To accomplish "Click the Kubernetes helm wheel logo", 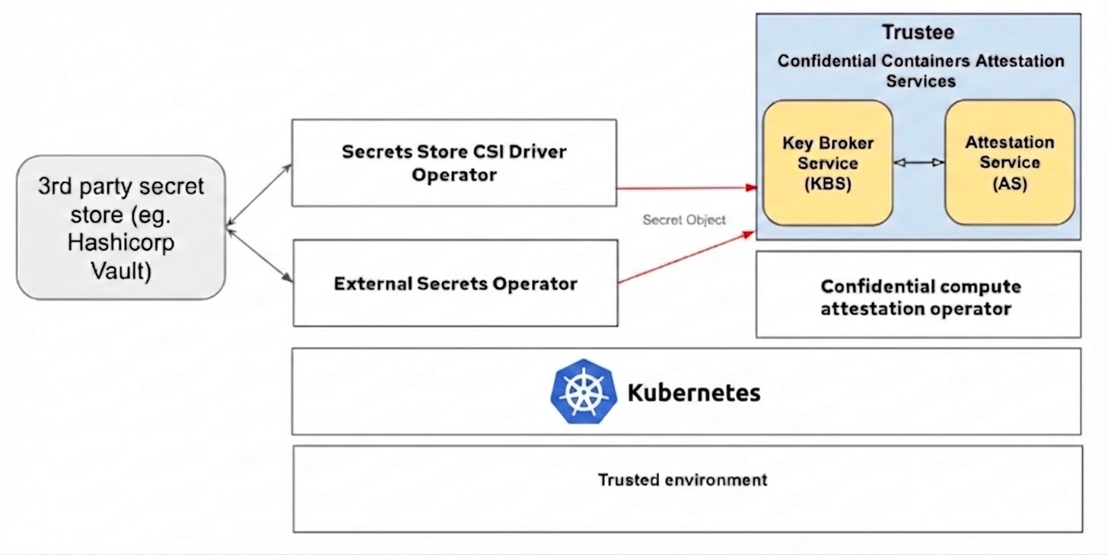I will click(x=582, y=391).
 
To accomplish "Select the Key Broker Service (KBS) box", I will click(x=828, y=162).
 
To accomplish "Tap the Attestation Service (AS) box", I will click(x=1009, y=162).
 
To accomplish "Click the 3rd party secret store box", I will click(x=121, y=228).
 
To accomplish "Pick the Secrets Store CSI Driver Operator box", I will click(x=454, y=162).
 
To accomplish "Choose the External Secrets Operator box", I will click(x=454, y=283).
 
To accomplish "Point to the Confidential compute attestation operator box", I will click(x=918, y=296).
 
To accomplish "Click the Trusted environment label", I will click(x=682, y=480).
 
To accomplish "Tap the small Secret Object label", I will click(x=683, y=220).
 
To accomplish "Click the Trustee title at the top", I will click(x=918, y=32).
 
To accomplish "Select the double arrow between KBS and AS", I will click(x=919, y=162).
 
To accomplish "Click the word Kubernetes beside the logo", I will click(x=693, y=393).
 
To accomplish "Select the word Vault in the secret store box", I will click(x=121, y=270).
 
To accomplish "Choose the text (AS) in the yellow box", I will click(x=1009, y=183).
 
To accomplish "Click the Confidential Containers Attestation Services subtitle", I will click(x=920, y=70).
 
